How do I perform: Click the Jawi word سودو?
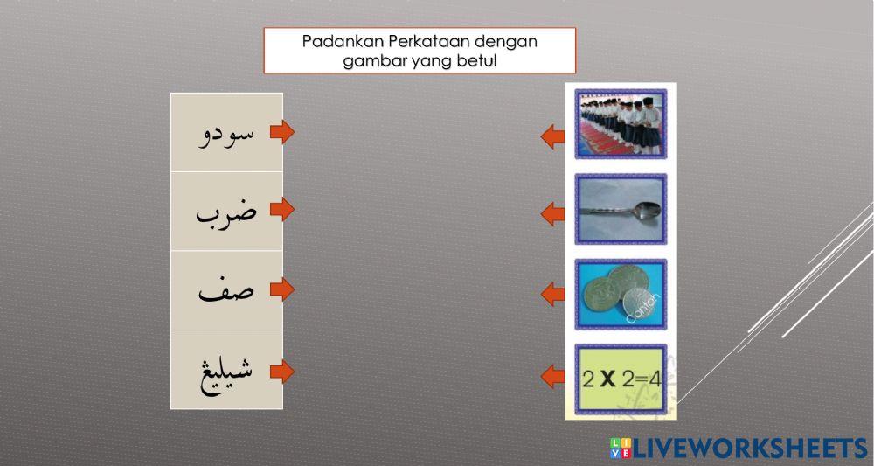(x=227, y=133)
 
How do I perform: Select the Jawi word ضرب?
(x=226, y=211)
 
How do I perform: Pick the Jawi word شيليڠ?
(x=226, y=371)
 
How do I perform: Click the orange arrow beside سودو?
(x=281, y=133)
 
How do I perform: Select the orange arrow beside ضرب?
(x=281, y=211)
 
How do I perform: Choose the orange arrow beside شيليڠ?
(x=281, y=371)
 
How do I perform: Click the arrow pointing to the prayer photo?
(x=552, y=136)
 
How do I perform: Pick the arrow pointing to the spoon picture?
(x=552, y=213)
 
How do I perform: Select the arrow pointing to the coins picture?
(x=552, y=294)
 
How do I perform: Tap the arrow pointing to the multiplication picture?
(x=552, y=377)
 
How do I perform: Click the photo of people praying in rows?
(x=621, y=122)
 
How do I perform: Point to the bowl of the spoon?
(x=646, y=210)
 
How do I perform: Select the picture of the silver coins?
(x=621, y=294)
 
